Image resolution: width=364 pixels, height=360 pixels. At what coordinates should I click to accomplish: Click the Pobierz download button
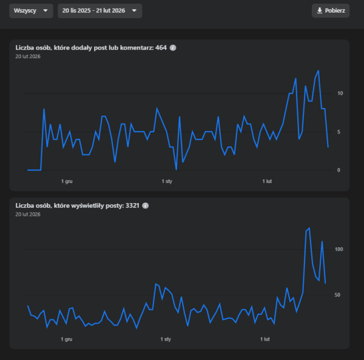click(331, 11)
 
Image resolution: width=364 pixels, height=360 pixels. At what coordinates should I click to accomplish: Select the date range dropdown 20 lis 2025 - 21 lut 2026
click(100, 11)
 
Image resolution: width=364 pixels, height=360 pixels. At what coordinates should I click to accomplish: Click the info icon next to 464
click(173, 47)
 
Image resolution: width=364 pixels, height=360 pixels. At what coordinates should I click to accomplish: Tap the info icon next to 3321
click(146, 205)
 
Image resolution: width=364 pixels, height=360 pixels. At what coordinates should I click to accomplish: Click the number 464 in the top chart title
click(161, 47)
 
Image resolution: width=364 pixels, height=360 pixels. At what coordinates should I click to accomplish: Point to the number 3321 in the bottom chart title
click(132, 205)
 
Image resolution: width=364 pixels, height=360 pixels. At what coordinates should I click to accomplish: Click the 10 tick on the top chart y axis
click(340, 93)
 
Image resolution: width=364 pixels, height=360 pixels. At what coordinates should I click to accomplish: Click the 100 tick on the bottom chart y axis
click(339, 249)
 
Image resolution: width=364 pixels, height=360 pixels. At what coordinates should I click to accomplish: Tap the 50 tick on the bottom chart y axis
click(339, 295)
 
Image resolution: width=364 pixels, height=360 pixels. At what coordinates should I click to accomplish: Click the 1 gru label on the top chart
click(67, 181)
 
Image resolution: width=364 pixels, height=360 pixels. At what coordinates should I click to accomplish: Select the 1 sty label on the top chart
click(167, 181)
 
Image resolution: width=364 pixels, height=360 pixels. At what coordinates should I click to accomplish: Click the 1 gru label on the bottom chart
click(67, 340)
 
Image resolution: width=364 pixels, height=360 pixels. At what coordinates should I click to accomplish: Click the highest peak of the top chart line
click(318, 71)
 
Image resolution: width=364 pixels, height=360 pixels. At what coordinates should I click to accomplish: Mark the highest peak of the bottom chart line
click(309, 228)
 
